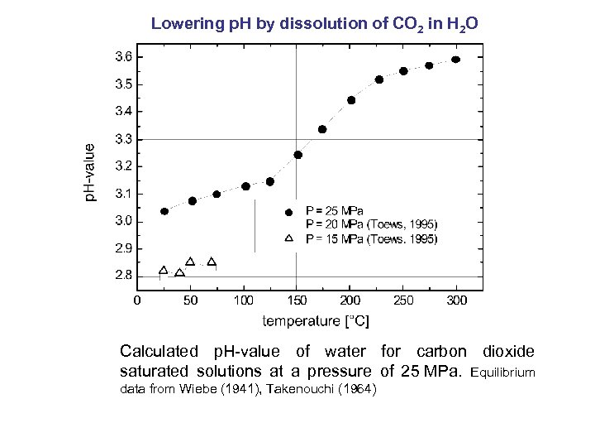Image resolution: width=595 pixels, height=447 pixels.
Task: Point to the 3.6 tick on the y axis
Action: click(121, 56)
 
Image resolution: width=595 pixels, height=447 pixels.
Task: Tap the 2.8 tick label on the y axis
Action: click(121, 275)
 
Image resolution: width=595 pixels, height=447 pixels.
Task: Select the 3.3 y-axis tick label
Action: click(121, 139)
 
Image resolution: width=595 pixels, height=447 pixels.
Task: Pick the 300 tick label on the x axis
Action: click(456, 300)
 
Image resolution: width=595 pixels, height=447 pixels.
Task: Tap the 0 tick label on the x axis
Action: click(137, 300)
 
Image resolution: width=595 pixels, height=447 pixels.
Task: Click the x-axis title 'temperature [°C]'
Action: click(316, 320)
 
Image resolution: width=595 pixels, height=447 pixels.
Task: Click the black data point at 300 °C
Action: click(455, 60)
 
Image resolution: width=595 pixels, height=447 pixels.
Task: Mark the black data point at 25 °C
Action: click(164, 211)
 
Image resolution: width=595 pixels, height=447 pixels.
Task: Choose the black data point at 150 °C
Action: click(298, 155)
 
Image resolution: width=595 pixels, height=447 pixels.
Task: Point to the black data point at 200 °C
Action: click(351, 100)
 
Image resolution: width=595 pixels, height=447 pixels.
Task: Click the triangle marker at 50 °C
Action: click(190, 262)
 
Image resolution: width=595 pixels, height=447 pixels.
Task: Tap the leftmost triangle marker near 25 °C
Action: click(164, 270)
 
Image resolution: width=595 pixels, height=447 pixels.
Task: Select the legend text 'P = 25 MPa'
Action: click(335, 210)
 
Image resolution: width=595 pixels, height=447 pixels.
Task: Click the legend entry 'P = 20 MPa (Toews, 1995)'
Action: click(372, 223)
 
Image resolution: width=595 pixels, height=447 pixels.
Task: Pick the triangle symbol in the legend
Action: click(288, 238)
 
